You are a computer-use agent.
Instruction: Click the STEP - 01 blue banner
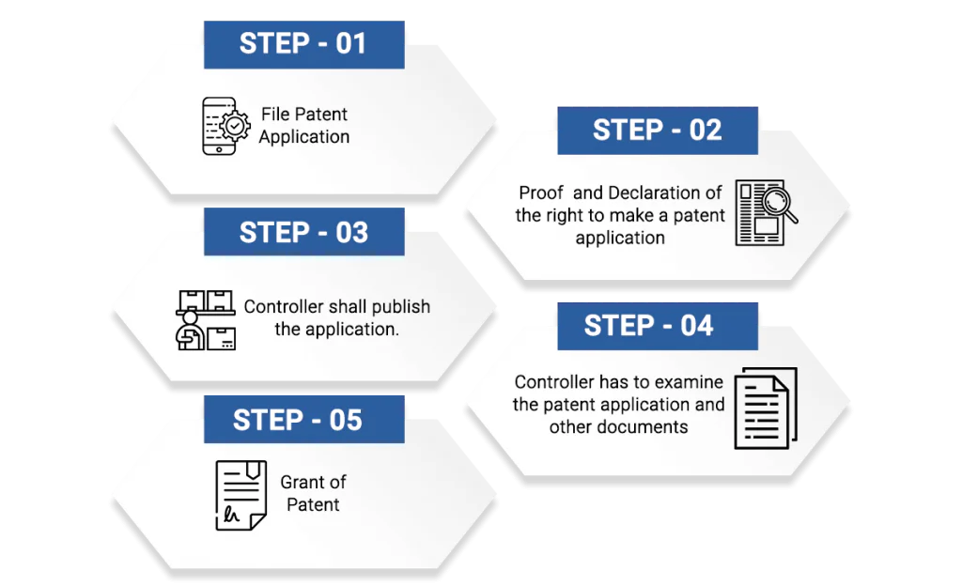pyautogui.click(x=303, y=45)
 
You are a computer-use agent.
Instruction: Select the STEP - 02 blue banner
pyautogui.click(x=657, y=131)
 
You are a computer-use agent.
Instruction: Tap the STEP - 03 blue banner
pyautogui.click(x=303, y=232)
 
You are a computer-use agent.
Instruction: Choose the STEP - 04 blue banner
pyautogui.click(x=657, y=326)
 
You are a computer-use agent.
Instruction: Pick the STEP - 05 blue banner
pyautogui.click(x=303, y=419)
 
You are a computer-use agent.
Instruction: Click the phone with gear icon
pyautogui.click(x=225, y=126)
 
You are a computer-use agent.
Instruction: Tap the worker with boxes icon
pyautogui.click(x=206, y=320)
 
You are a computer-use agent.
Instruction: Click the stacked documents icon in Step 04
pyautogui.click(x=766, y=409)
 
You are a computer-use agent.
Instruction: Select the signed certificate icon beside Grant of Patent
pyautogui.click(x=241, y=495)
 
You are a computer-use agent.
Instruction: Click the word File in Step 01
pyautogui.click(x=274, y=114)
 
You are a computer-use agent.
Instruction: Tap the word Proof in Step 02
pyautogui.click(x=540, y=193)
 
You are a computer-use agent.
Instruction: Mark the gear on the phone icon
pyautogui.click(x=235, y=126)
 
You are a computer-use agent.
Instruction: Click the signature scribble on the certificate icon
pyautogui.click(x=231, y=514)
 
